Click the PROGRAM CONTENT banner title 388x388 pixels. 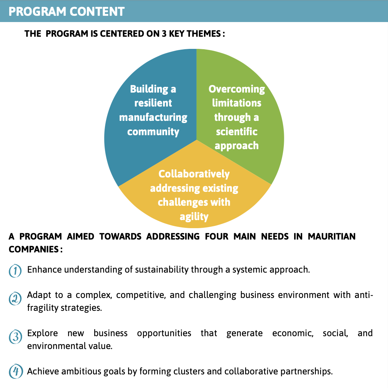pos(66,12)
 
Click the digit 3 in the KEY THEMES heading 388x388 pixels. pos(164,34)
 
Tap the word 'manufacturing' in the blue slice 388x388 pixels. pos(153,118)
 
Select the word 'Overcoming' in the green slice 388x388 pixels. pos(237,89)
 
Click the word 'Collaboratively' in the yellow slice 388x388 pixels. pos(194,174)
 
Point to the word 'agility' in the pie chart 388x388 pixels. pos(194,217)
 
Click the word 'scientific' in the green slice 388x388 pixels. pos(237,132)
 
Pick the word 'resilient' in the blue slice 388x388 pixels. pos(153,103)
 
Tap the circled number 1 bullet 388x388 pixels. pos(15,271)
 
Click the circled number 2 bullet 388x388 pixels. pos(15,299)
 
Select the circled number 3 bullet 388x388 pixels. pos(15,337)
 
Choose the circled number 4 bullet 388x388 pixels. pos(16,371)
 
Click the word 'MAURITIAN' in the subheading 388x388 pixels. pos(331,237)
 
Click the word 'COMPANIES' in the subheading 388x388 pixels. pos(34,249)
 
